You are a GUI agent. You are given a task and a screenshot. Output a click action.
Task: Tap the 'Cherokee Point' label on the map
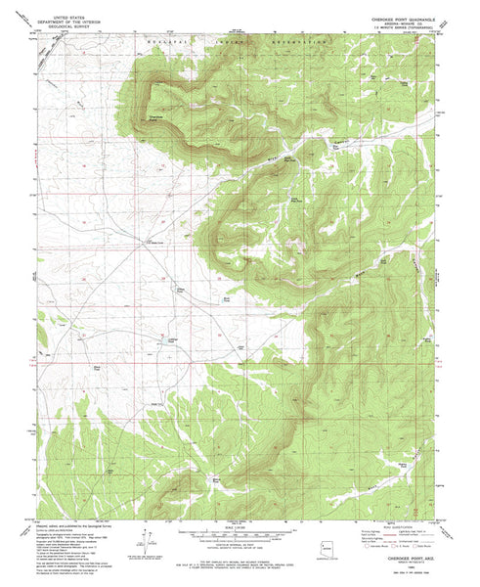click(x=155, y=117)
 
